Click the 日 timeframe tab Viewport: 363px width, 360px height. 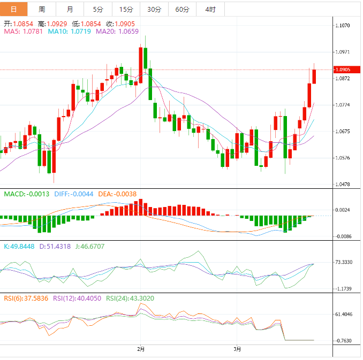pos(13,10)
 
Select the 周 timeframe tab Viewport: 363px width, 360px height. pos(42,10)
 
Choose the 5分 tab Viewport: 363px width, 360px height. pos(99,10)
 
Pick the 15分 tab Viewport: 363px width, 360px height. pos(126,10)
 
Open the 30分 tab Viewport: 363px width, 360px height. pos(154,10)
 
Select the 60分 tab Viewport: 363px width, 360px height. pos(183,10)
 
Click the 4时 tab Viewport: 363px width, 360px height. pos(210,10)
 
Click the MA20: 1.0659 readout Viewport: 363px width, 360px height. pos(117,32)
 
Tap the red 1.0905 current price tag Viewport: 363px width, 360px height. pos(343,70)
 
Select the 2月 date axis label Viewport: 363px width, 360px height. pos(141,349)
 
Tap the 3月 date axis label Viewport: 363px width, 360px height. pos(237,349)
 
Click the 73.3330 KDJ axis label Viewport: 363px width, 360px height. pos(344,262)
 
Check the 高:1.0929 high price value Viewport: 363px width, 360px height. pos(52,24)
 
